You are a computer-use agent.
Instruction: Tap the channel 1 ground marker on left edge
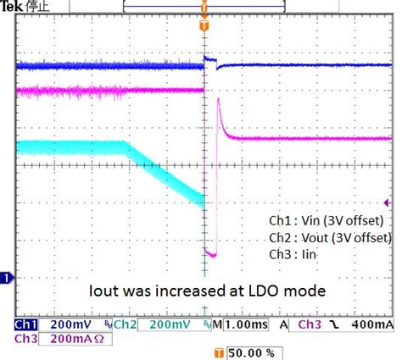(6, 277)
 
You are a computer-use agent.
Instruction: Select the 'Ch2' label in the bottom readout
(126, 324)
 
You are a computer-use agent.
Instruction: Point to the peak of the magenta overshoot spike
(219, 101)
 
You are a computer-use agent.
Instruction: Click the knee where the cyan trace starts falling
(127, 142)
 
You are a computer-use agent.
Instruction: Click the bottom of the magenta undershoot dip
(213, 254)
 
